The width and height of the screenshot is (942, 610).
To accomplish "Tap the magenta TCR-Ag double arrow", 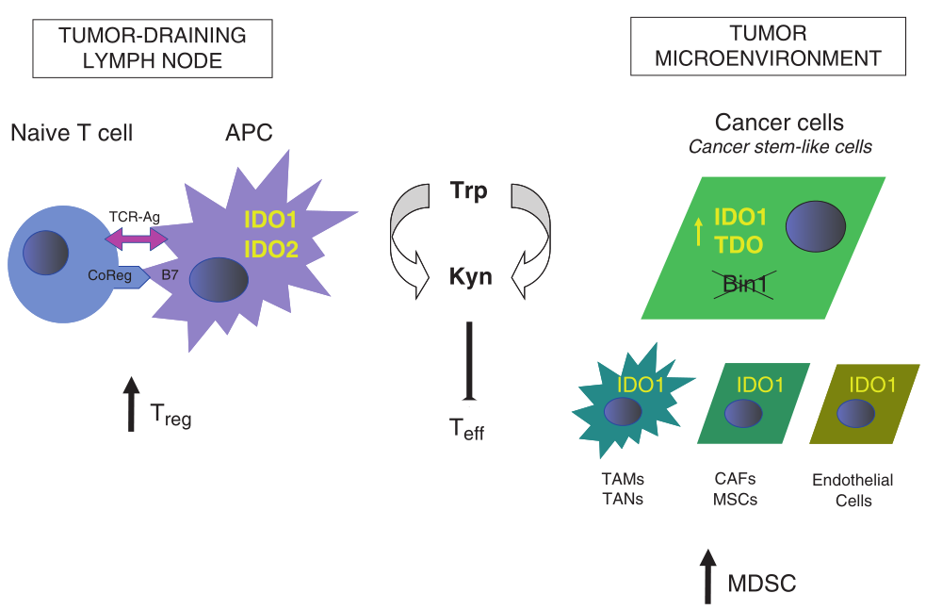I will [136, 241].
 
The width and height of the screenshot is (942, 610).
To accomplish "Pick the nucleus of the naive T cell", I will [45, 252].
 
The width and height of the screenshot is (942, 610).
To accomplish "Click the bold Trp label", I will [468, 191].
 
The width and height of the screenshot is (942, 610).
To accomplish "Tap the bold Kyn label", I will [468, 278].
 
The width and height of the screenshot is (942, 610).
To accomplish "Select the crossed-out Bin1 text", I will [742, 283].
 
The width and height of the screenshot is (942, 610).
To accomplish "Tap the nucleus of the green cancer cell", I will [817, 229].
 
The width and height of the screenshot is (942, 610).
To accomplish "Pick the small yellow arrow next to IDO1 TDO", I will [698, 229].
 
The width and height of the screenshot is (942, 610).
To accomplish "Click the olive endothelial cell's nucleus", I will [855, 413].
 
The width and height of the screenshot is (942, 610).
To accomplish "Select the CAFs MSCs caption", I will [736, 488].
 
